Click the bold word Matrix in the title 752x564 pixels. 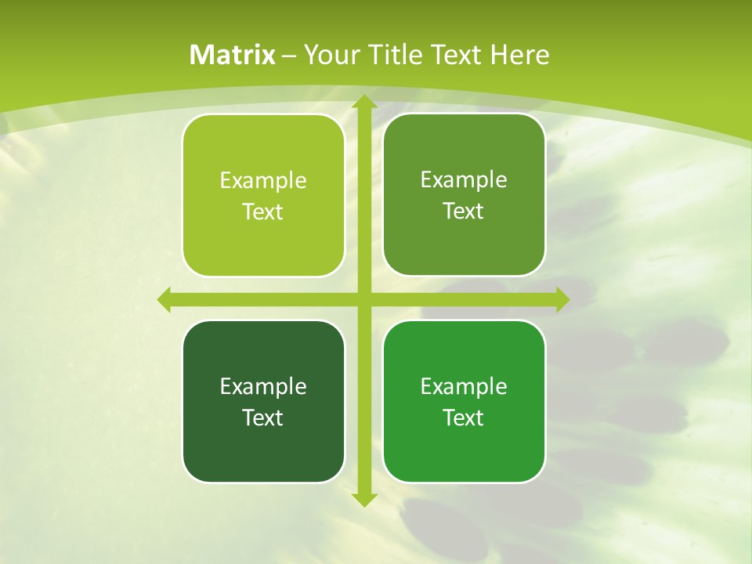[x=233, y=55]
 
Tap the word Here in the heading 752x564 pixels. [x=519, y=55]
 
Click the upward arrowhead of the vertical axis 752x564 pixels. [x=363, y=102]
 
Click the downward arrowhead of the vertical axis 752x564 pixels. [x=363, y=499]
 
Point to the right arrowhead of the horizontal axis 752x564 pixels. [x=562, y=299]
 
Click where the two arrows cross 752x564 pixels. [x=363, y=299]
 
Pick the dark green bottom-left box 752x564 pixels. [x=263, y=446]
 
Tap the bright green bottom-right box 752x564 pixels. [x=464, y=446]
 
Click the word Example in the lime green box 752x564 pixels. [x=263, y=181]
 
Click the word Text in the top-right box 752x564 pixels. [x=463, y=211]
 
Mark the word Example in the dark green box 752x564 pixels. [x=263, y=387]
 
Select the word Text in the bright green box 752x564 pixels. [x=463, y=418]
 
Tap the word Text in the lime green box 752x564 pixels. [x=262, y=212]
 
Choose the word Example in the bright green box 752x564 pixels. [x=464, y=387]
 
